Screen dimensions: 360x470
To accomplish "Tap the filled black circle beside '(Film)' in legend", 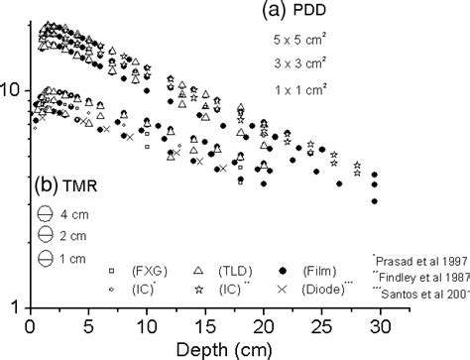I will tap(282, 270).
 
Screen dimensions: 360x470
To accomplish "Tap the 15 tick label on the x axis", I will tap(205, 323).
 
